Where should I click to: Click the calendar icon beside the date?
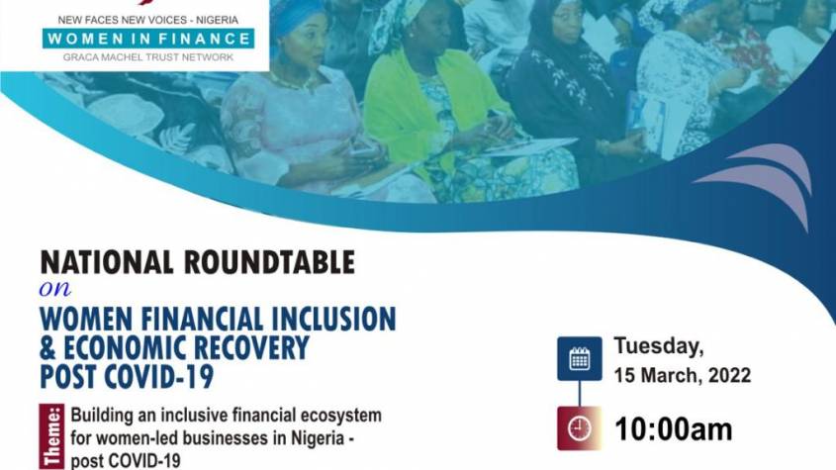580,358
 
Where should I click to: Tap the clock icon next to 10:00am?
580,427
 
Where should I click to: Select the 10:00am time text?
674,429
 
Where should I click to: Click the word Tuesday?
659,346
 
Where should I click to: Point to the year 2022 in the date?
729,376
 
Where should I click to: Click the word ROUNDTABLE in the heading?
269,262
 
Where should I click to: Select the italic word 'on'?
55,289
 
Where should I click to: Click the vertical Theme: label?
51,436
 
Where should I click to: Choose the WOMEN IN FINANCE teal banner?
148,39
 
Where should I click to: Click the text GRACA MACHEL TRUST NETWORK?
148,57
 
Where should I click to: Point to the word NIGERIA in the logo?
217,20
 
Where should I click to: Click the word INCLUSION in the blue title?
333,319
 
